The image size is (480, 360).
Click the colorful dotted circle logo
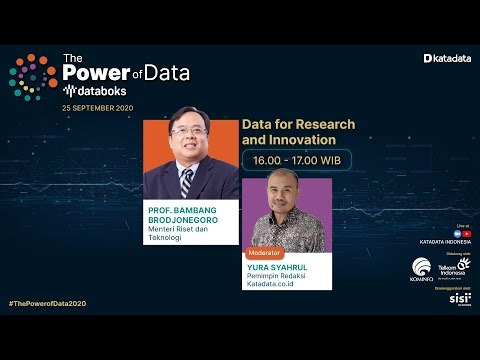pos(34,79)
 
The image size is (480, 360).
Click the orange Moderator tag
pos(265,254)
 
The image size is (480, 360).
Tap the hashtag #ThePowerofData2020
pos(49,302)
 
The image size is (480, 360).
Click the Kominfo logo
pos(422,269)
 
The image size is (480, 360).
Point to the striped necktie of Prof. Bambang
pos(186,182)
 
